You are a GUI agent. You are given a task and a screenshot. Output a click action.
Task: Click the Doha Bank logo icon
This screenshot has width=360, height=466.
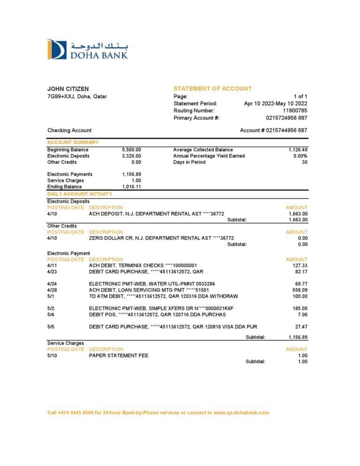(57, 50)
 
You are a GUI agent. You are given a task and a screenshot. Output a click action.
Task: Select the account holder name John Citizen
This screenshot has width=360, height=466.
(68, 89)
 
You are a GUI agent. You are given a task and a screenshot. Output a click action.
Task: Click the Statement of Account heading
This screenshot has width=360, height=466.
(212, 89)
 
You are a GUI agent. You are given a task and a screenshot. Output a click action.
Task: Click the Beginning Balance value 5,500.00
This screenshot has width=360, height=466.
(131, 150)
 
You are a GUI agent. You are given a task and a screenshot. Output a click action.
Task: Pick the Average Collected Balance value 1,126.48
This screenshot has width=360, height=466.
(298, 150)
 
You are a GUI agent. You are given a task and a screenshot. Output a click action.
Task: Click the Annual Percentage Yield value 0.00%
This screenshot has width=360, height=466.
(300, 156)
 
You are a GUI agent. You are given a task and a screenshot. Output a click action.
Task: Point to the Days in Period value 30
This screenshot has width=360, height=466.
(304, 162)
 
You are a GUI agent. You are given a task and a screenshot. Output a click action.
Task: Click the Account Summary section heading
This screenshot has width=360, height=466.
(73, 142)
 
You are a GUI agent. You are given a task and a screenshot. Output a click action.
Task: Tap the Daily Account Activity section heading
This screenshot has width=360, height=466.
(80, 194)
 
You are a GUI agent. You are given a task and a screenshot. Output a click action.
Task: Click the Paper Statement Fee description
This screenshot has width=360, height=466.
(119, 355)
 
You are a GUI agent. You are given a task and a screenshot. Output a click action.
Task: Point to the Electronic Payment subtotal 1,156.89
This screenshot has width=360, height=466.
(298, 337)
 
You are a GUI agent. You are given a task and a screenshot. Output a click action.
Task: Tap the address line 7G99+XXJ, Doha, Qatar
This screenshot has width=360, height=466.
(77, 97)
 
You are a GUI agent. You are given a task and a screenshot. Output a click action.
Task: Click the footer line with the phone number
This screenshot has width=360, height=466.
(158, 413)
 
